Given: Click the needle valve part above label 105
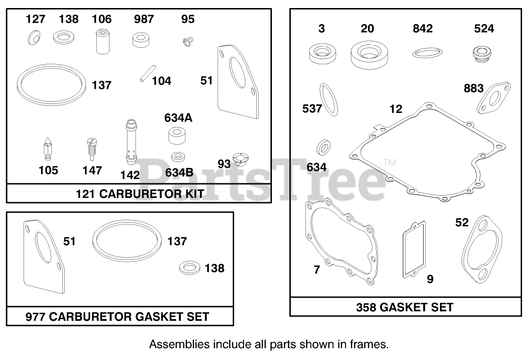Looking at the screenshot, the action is (x=48, y=149).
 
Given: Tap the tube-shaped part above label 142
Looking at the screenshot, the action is (x=132, y=142).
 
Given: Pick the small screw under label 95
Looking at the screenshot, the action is (x=187, y=42).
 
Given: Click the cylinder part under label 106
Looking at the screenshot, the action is (x=103, y=42).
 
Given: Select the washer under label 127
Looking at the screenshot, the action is (x=34, y=37).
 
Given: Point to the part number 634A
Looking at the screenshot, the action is (x=178, y=118).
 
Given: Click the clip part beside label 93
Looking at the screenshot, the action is (x=240, y=159).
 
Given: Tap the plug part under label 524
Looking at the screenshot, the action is (x=482, y=54).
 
